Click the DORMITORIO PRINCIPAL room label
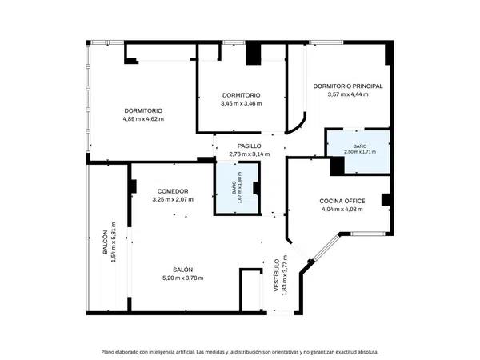348,86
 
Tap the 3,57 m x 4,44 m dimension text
348,94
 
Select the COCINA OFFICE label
342,201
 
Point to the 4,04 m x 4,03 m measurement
342,210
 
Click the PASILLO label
249,146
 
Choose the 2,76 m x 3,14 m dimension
249,154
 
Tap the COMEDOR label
173,191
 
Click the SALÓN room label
182,270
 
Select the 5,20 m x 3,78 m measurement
182,278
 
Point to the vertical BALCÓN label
105,242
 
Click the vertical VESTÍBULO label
276,275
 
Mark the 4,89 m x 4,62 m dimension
143,119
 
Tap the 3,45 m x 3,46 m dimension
242,103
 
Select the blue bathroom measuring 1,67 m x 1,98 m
236,188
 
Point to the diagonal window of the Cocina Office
327,247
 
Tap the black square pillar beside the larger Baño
337,166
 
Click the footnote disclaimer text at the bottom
240,352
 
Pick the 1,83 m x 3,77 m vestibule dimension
284,275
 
